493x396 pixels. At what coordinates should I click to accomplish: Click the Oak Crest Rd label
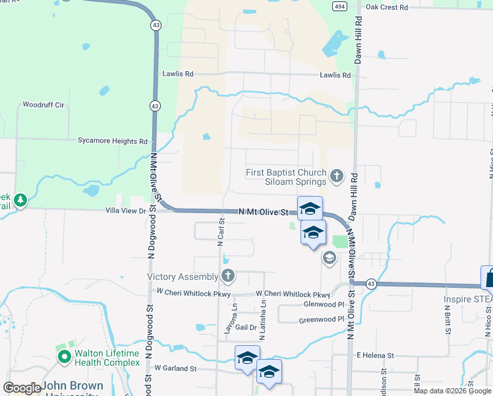point(387,7)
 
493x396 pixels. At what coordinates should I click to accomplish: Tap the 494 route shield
point(339,7)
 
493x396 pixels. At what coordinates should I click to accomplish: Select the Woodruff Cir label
point(43,104)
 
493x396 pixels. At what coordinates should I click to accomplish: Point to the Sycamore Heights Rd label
point(113,141)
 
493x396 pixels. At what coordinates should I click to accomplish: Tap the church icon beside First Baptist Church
point(337,176)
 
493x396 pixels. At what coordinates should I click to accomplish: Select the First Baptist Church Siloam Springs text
point(286,177)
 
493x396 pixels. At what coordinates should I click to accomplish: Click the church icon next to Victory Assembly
point(228,276)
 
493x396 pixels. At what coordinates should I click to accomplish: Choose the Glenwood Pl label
point(323,304)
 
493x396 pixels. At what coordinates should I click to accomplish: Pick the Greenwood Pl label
point(322,319)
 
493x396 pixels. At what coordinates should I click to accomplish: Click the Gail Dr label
point(245,327)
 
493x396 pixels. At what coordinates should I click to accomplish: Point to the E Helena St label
point(375,355)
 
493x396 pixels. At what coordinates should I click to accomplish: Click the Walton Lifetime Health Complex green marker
point(65,358)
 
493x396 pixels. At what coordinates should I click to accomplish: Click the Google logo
point(21,388)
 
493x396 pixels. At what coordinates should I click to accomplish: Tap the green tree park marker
point(20,199)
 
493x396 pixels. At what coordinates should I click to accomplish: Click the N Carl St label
point(221,233)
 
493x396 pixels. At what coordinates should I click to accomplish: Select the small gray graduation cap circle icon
point(329,259)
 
